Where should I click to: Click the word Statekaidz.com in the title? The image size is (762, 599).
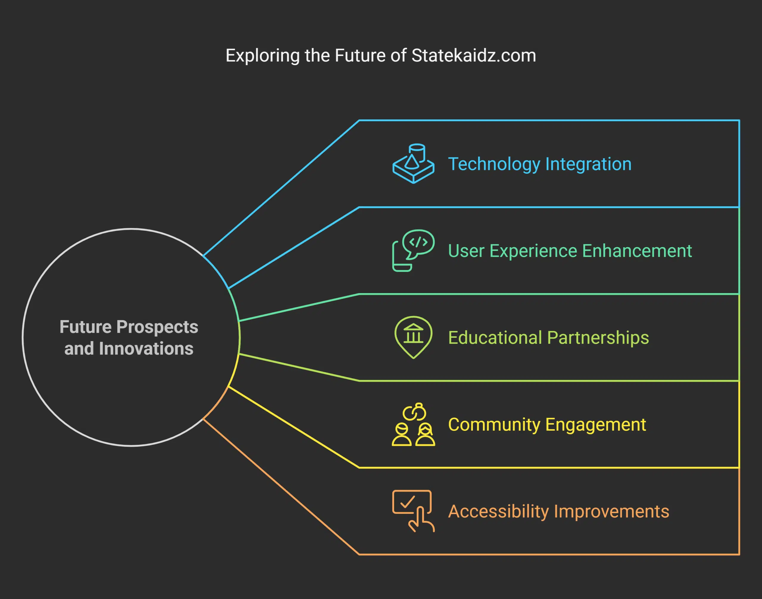(x=474, y=56)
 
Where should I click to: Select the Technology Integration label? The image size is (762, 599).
(x=540, y=164)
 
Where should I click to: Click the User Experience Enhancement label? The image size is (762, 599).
(x=570, y=251)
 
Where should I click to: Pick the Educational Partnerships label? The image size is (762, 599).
(x=548, y=338)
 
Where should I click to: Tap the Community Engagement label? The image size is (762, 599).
(x=547, y=425)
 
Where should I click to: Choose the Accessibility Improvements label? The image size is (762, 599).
(x=558, y=511)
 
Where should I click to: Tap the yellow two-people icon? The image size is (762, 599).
(x=413, y=425)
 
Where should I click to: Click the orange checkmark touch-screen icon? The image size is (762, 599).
(x=413, y=511)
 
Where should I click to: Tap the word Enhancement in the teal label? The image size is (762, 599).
(x=637, y=251)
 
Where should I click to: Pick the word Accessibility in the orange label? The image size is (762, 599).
(x=499, y=511)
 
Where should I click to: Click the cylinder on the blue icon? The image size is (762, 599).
(x=417, y=151)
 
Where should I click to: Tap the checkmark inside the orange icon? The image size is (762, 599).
(x=407, y=502)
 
